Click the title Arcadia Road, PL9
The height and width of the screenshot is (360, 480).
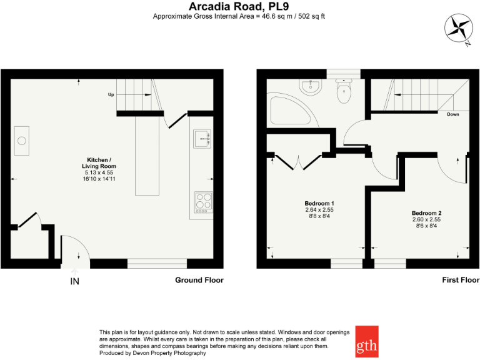tap(239, 6)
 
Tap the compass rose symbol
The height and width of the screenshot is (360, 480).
tap(457, 28)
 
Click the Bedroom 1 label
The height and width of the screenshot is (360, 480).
tap(319, 204)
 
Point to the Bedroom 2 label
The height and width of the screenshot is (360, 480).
tap(426, 213)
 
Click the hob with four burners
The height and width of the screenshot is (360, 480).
tap(203, 202)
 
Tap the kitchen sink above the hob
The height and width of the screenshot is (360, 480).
tap(202, 139)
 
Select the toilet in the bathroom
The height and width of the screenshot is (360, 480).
tap(344, 92)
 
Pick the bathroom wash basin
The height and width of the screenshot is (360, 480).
tap(310, 86)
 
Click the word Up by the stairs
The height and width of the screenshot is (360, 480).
tap(111, 95)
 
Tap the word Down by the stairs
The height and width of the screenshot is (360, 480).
tap(454, 114)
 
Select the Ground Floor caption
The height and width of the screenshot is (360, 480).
tap(199, 280)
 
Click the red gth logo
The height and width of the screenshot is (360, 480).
tap(366, 341)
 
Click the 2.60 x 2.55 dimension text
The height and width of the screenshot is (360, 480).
tap(426, 220)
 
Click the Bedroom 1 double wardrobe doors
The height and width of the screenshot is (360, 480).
tap(294, 162)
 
